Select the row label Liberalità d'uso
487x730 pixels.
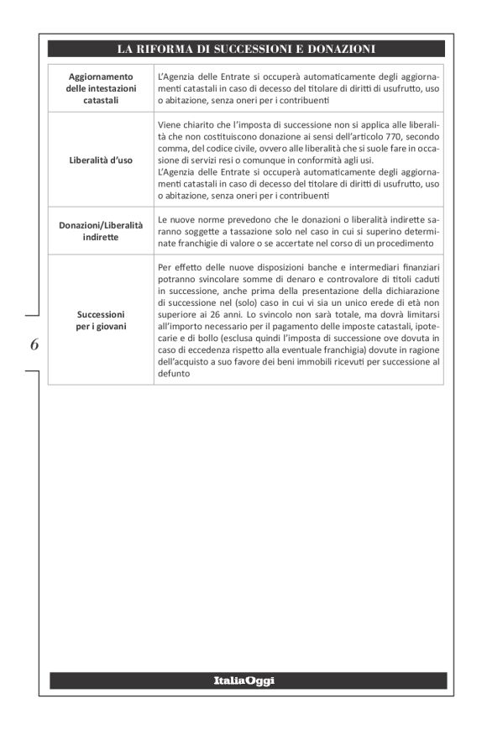click(x=101, y=160)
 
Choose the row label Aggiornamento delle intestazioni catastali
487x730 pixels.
click(x=101, y=88)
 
